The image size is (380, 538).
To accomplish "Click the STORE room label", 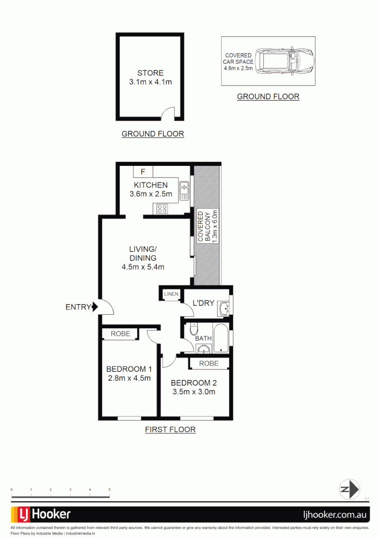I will point(150,73).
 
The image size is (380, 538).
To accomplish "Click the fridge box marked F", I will point(143,172).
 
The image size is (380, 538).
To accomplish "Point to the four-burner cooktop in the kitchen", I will point(162,209).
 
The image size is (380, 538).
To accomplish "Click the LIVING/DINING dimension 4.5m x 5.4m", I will point(143,267).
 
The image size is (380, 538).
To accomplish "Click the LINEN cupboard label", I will point(171,294).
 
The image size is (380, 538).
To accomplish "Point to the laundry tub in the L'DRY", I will point(224,308).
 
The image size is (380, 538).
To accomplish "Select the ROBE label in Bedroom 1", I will point(120,334).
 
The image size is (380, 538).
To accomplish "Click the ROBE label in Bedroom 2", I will point(208,364).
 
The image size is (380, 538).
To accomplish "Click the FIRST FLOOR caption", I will point(170,429).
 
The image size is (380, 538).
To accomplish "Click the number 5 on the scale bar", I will point(109,490).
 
